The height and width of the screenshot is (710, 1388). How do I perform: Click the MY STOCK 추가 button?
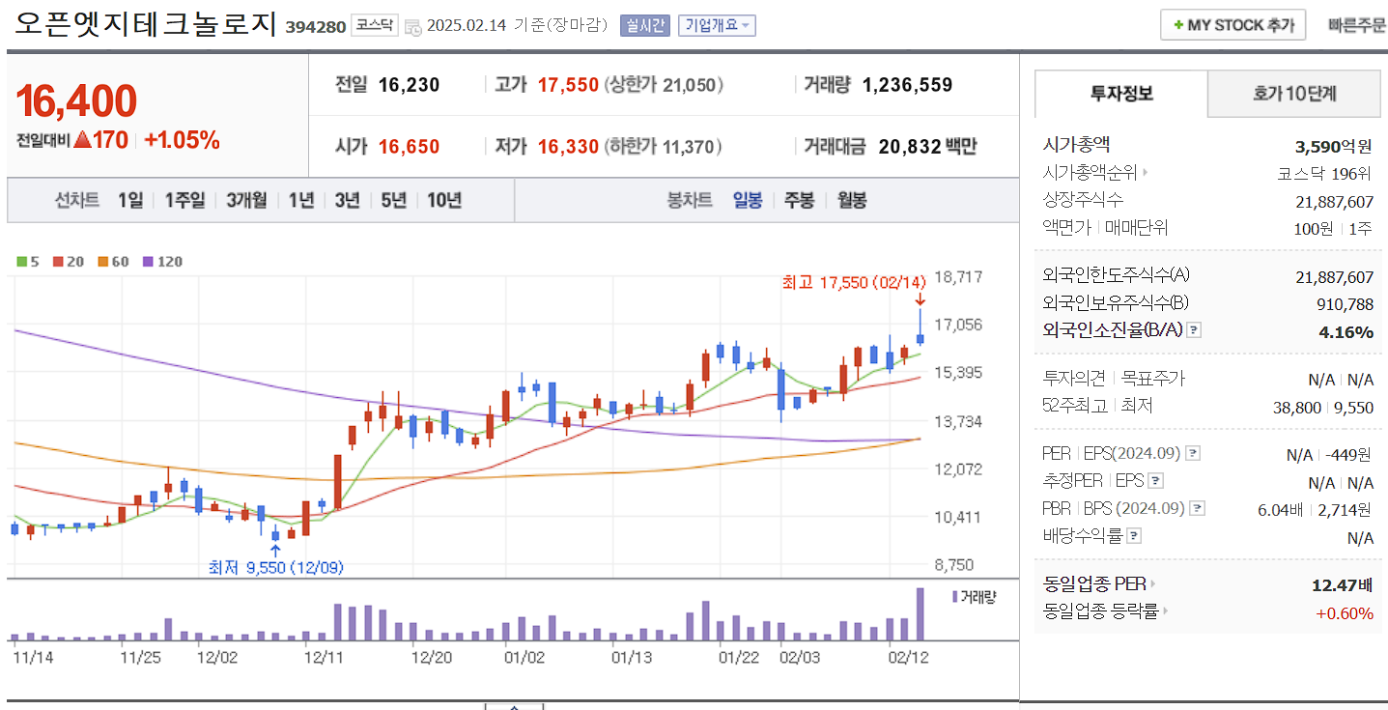pyautogui.click(x=1232, y=25)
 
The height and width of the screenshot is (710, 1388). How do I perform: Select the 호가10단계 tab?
pyautogui.click(x=1294, y=94)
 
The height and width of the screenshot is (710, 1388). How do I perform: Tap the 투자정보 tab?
pyautogui.click(x=1121, y=94)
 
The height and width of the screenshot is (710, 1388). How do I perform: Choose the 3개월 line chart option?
pyautogui.click(x=246, y=200)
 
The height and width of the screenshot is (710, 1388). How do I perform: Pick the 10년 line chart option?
pyautogui.click(x=443, y=200)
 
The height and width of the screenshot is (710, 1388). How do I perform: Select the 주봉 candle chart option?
pyautogui.click(x=799, y=200)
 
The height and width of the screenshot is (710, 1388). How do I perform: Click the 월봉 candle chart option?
pyautogui.click(x=851, y=200)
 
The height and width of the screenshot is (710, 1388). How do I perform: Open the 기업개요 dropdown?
pyautogui.click(x=717, y=25)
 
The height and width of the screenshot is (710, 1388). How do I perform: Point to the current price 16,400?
pyautogui.click(x=76, y=100)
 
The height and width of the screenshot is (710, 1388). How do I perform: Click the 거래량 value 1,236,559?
pyautogui.click(x=907, y=85)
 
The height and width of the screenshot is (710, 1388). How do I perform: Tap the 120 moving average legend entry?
pyautogui.click(x=163, y=262)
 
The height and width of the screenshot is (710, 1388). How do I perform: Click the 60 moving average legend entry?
pyautogui.click(x=114, y=262)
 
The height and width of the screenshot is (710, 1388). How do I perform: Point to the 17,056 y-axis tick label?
pyautogui.click(x=959, y=325)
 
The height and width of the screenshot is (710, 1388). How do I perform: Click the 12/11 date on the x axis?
pyautogui.click(x=324, y=658)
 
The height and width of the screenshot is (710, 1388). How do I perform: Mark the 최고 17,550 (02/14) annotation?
pyautogui.click(x=854, y=282)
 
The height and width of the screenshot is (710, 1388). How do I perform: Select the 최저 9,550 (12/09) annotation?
pyautogui.click(x=275, y=567)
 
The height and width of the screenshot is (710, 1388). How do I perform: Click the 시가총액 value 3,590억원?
pyautogui.click(x=1333, y=147)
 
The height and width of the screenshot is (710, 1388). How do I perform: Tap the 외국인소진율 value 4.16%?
pyautogui.click(x=1346, y=331)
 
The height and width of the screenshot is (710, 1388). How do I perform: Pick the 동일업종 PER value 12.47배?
pyautogui.click(x=1342, y=584)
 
